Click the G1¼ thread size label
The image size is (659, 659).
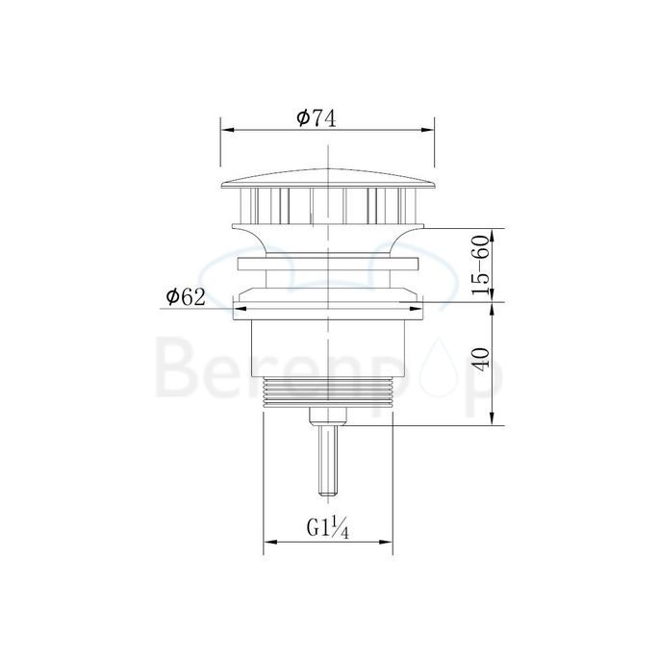coord(325,528)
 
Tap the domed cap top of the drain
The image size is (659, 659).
coord(328,176)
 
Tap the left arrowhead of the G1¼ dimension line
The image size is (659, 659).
coord(268,543)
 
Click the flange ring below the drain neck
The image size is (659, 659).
coord(328,264)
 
